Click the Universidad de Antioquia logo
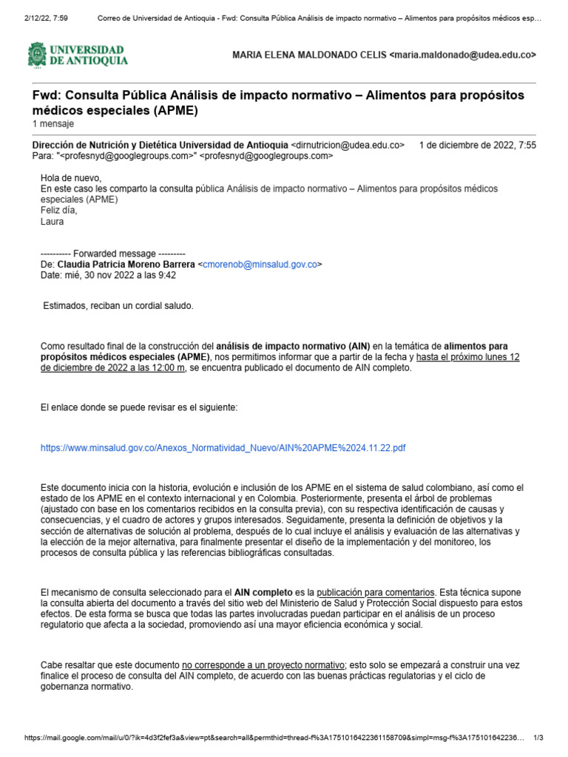(78, 55)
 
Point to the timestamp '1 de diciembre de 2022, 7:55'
(477, 145)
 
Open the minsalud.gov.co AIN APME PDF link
(223, 448)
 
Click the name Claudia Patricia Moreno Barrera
(126, 264)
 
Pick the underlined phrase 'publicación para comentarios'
(375, 592)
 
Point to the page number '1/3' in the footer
(538, 738)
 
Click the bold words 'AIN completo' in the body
(263, 592)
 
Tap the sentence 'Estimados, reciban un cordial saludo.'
(118, 305)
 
